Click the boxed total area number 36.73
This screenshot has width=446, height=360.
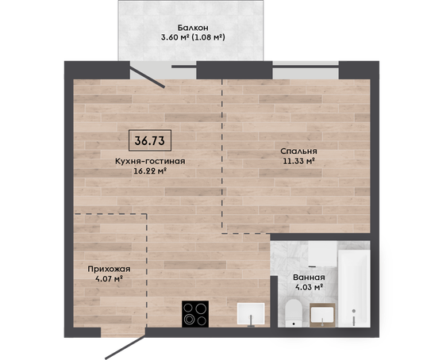pyautogui.click(x=150, y=140)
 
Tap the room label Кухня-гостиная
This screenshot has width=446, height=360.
pyautogui.click(x=150, y=161)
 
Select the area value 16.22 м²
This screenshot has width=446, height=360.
pyautogui.click(x=150, y=171)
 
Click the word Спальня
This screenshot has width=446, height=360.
pyautogui.click(x=298, y=151)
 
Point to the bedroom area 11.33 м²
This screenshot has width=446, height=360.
pyautogui.click(x=298, y=161)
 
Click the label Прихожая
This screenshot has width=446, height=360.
pyautogui.click(x=109, y=269)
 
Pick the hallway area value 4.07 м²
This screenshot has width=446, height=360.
pyautogui.click(x=109, y=279)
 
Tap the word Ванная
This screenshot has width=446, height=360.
pyautogui.click(x=309, y=278)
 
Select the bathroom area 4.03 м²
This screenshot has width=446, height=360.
pyautogui.click(x=309, y=287)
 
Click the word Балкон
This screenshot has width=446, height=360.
pyautogui.click(x=193, y=28)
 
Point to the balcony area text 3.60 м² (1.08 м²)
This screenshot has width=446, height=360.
pyautogui.click(x=193, y=37)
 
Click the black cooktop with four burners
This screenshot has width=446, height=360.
pyautogui.click(x=195, y=314)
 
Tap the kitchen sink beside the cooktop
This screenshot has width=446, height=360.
pyautogui.click(x=251, y=314)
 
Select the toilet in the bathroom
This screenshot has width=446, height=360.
pyautogui.click(x=294, y=313)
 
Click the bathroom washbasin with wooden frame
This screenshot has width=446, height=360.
pyautogui.click(x=322, y=316)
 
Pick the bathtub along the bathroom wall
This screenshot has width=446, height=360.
pyautogui.click(x=354, y=289)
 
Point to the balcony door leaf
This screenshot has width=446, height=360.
pyautogui.click(x=148, y=77)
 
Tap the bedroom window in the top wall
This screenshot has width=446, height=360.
pyautogui.click(x=306, y=70)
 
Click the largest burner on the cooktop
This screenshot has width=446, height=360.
pyautogui.click(x=201, y=308)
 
